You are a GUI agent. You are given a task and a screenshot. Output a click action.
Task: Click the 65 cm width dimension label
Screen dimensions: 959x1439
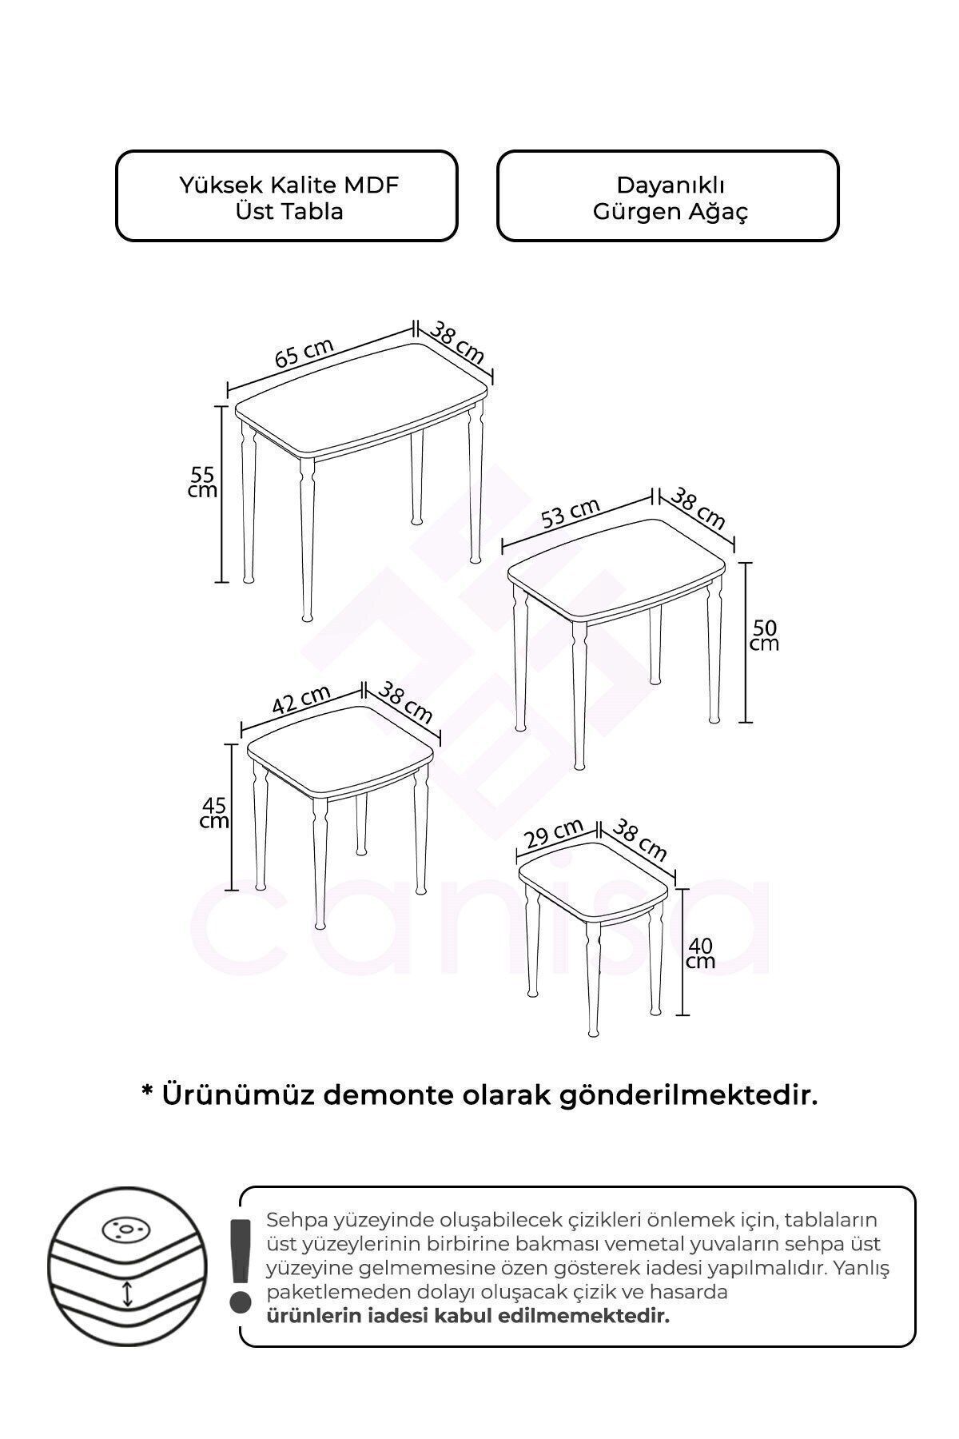pos(304,353)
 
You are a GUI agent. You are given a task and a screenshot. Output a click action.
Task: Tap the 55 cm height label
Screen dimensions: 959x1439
pos(202,482)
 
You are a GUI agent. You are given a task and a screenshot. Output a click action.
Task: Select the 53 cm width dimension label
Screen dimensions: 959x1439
pos(570,512)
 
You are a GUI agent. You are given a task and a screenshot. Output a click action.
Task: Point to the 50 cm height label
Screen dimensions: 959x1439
pos(764,635)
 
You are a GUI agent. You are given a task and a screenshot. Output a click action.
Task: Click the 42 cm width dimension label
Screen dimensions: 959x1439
pos(301,700)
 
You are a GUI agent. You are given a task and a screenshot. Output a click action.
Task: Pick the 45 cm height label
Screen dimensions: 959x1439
pos(214,812)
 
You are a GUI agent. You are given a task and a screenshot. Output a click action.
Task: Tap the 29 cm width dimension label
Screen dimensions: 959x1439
pos(555,833)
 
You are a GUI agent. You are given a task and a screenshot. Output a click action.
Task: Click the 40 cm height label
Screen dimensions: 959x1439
pos(700,953)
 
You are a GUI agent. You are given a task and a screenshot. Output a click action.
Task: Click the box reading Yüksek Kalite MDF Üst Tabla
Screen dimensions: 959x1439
pos(287,196)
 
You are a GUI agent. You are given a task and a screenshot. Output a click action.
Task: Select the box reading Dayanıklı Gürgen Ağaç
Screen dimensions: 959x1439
pos(668,196)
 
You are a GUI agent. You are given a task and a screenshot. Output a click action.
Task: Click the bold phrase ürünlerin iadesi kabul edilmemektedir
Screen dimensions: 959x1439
pos(468,1316)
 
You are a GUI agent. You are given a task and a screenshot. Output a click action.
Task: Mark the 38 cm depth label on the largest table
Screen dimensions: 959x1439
pos(458,342)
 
